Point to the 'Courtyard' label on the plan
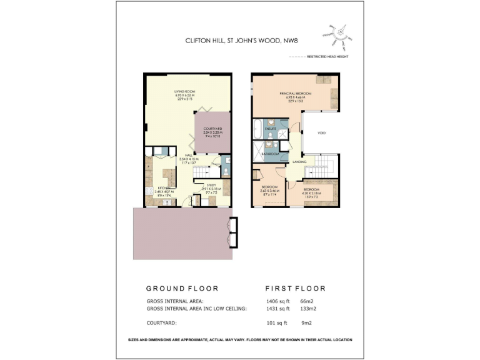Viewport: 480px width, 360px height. tap(212, 129)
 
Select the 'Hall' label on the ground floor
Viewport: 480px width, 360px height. tap(188, 156)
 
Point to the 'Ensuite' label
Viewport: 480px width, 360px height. tap(271, 129)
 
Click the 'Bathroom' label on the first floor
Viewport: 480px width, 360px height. tap(269, 153)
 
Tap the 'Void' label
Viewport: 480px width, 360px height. tap(321, 132)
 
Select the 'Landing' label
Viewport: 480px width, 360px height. tap(299, 162)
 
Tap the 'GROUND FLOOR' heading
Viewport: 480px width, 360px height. tap(182, 289)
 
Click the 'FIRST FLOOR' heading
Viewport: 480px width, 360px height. tap(296, 289)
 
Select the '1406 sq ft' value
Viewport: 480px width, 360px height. tap(278, 301)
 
